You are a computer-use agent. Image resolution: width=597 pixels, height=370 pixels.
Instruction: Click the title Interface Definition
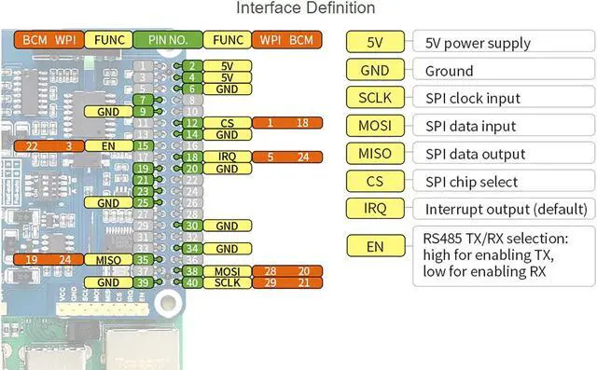pos(306,8)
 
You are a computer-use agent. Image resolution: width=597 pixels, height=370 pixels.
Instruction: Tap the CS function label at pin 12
pos(228,123)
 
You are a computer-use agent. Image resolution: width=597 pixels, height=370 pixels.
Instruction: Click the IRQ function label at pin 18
pos(228,157)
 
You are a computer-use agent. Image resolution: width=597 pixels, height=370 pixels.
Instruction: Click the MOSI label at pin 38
pos(228,270)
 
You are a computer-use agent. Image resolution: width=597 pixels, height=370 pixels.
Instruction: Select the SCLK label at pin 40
pos(228,282)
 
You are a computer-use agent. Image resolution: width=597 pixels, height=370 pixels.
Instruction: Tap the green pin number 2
pos(191,66)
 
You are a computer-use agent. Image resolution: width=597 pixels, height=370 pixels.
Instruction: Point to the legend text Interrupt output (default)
pos(504,210)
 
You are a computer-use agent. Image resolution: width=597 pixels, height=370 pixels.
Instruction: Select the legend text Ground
pos(449,70)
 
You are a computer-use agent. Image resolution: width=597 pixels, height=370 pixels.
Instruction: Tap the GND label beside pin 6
pos(228,89)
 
